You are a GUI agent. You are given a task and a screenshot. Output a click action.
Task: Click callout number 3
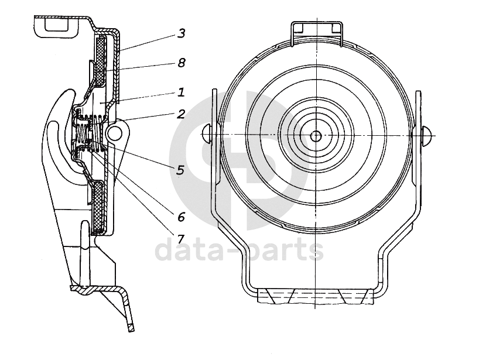point(181,33)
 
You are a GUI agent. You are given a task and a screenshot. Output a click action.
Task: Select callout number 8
point(181,63)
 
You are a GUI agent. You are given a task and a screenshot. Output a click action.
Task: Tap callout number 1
point(181,92)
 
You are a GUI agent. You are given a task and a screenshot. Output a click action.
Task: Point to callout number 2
point(181,114)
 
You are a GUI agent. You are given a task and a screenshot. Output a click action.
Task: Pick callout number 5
point(181,170)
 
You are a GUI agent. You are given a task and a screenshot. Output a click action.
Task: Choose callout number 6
point(181,217)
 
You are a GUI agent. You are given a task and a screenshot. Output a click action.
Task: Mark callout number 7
point(181,238)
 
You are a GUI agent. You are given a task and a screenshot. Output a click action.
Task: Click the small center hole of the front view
point(315,136)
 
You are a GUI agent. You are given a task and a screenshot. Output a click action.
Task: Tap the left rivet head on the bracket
point(207,134)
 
